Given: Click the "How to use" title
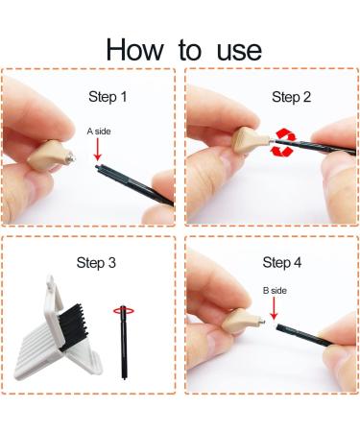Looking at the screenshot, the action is (x=183, y=50).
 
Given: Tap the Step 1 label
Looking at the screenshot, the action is (x=108, y=97).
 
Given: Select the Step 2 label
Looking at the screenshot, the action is (x=291, y=97).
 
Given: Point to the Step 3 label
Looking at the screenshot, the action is (x=96, y=263).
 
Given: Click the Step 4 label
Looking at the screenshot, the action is (x=282, y=262).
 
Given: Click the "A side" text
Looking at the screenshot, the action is (x=99, y=132).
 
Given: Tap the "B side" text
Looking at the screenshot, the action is (x=275, y=291).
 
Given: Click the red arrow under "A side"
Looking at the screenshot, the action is (x=98, y=150).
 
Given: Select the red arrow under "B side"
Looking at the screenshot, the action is (x=274, y=309).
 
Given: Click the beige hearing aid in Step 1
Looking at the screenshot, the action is (x=48, y=156).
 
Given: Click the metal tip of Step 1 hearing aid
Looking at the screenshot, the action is (x=71, y=157).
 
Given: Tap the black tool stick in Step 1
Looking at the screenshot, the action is (x=134, y=184).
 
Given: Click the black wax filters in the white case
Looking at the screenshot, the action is (x=73, y=324).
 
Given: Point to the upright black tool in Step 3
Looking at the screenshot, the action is (x=124, y=343).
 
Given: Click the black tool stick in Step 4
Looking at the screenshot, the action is (x=304, y=335).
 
